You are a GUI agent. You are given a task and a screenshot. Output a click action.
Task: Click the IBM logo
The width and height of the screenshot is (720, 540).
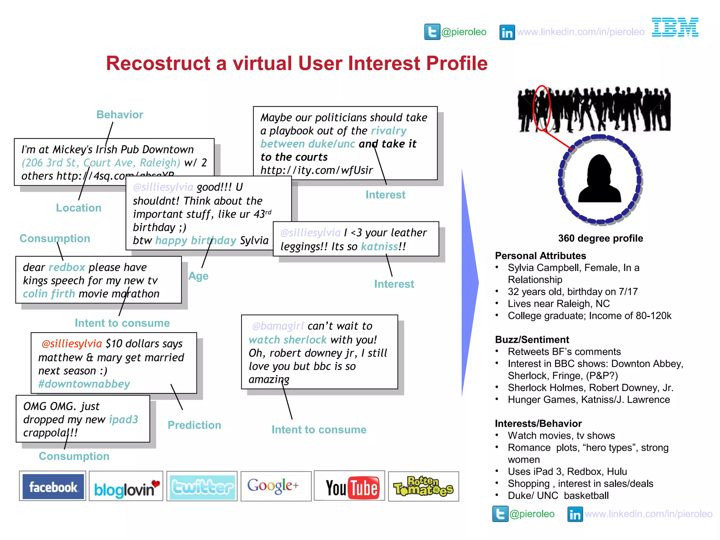click(x=675, y=27)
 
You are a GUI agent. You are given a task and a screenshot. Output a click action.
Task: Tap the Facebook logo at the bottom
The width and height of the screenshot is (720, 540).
click(x=53, y=487)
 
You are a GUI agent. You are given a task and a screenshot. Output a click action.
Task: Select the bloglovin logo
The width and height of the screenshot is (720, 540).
click(x=126, y=487)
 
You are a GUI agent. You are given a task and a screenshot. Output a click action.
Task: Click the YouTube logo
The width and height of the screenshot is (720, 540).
click(x=352, y=487)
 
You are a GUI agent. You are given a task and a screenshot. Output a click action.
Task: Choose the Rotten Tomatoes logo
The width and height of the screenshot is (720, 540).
click(x=423, y=487)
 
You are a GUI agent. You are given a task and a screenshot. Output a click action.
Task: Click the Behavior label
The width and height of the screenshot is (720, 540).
click(x=120, y=115)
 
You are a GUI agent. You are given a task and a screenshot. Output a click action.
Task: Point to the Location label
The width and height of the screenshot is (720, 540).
click(x=78, y=208)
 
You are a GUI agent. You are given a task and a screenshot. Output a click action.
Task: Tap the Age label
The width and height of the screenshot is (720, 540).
click(x=198, y=276)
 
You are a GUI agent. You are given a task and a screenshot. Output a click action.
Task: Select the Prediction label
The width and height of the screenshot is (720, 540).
click(x=194, y=425)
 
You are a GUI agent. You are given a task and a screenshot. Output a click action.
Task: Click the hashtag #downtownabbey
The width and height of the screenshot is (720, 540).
click(x=84, y=384)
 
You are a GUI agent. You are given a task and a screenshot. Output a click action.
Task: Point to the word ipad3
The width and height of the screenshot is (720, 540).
click(x=123, y=419)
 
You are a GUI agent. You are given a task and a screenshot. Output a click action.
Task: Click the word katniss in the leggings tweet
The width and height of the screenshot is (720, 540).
click(x=380, y=246)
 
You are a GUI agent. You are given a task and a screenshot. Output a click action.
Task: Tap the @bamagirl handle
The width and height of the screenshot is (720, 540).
click(x=278, y=326)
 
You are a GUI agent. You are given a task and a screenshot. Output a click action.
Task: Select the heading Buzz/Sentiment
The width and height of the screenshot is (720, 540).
click(x=532, y=340)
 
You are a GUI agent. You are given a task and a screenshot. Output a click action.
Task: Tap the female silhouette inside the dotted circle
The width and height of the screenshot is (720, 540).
click(x=600, y=179)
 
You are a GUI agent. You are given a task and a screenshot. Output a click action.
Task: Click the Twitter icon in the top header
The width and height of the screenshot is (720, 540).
click(x=432, y=32)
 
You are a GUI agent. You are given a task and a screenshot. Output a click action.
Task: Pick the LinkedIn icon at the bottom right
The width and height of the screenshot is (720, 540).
click(x=575, y=514)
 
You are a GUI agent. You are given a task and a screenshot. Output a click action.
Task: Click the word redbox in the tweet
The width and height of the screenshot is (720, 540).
click(x=67, y=267)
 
